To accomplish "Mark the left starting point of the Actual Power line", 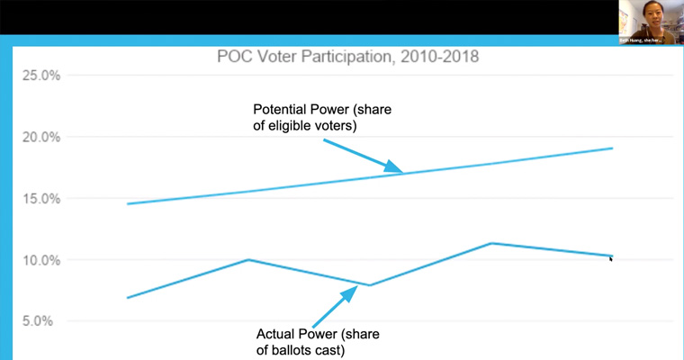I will pos(128,297).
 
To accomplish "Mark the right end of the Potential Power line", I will pos(613,148).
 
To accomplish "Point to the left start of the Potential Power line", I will pos(128,203).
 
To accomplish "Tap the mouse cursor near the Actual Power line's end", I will pos(611,259).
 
